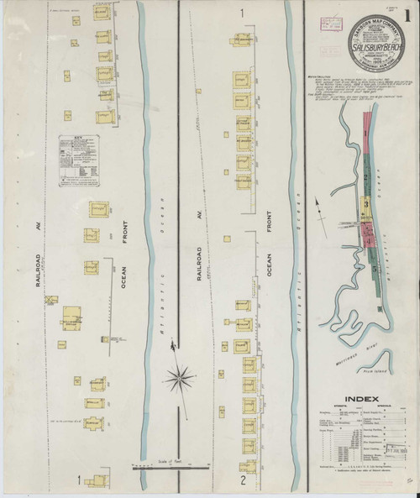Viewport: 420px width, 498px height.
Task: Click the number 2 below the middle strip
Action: click(x=242, y=481)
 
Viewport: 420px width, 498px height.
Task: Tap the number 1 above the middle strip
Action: click(x=242, y=13)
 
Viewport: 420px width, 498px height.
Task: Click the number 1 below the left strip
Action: click(x=80, y=481)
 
